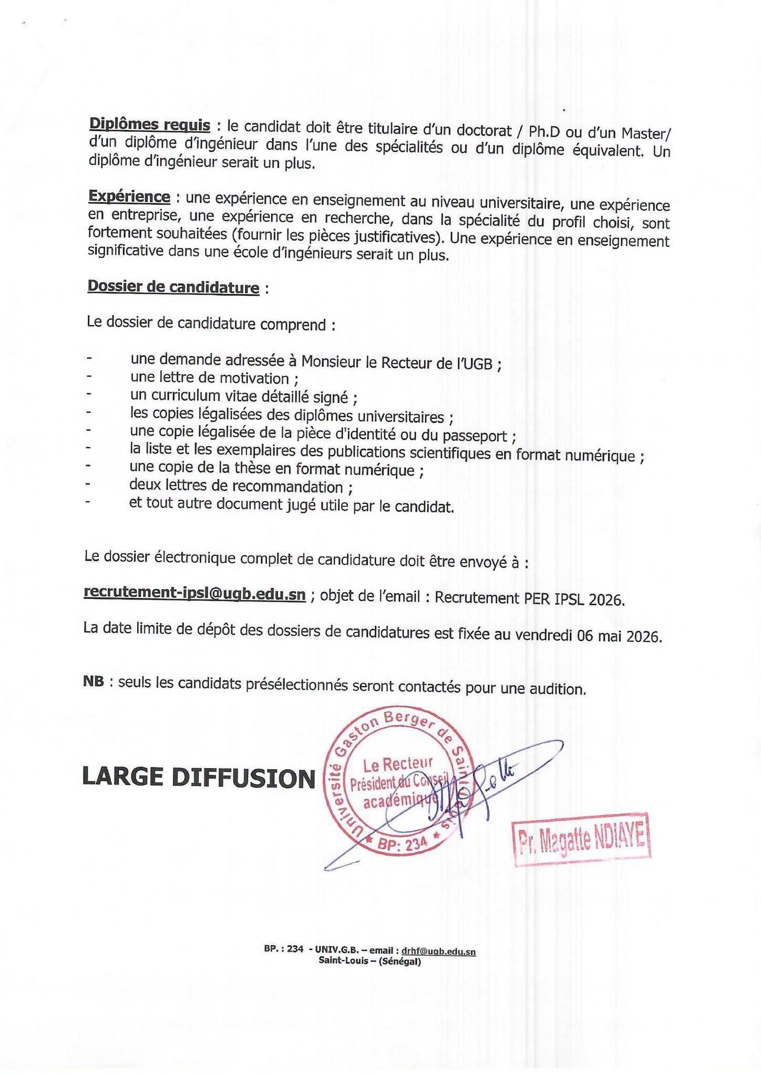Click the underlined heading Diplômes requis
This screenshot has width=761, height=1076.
coord(150,125)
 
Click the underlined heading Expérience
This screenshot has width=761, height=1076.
coord(129,196)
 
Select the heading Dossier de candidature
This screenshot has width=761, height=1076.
coord(173,287)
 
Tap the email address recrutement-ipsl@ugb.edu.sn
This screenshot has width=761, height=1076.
coord(194,594)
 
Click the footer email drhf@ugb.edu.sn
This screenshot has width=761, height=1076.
coord(438,951)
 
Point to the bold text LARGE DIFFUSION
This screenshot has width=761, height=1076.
coord(199,778)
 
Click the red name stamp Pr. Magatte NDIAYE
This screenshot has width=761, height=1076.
coord(581,841)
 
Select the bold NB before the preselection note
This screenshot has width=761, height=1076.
coord(93,682)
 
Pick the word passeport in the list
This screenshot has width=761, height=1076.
coord(476,436)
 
